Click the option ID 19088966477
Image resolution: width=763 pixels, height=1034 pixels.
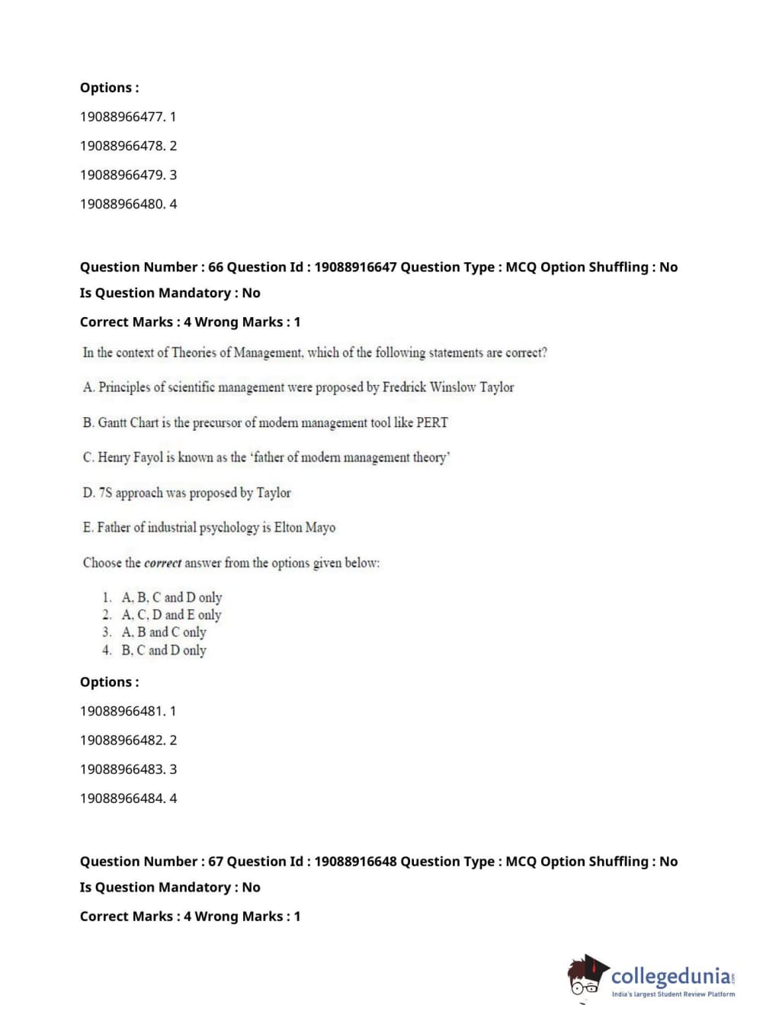pos(122,117)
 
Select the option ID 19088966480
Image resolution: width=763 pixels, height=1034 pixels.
pos(122,204)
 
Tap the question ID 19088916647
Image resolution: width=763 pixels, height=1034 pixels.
pos(355,267)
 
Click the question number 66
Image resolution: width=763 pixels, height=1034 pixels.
pos(216,267)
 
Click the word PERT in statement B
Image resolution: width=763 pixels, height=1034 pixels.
pos(431,422)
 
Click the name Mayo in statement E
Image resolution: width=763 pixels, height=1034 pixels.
pos(320,528)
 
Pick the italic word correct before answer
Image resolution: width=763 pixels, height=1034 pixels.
pos(162,564)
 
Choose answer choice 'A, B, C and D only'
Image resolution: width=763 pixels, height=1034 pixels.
pos(172,597)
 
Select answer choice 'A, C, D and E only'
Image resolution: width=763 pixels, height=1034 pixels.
pos(172,615)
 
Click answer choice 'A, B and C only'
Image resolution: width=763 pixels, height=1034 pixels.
pos(164,632)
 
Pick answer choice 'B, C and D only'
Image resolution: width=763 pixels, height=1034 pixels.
pos(164,650)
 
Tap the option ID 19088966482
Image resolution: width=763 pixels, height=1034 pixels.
pos(122,740)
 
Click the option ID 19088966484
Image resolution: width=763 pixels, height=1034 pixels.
pos(122,798)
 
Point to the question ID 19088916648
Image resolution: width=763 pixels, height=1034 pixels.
pos(355,861)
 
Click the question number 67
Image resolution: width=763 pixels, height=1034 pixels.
pos(216,861)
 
